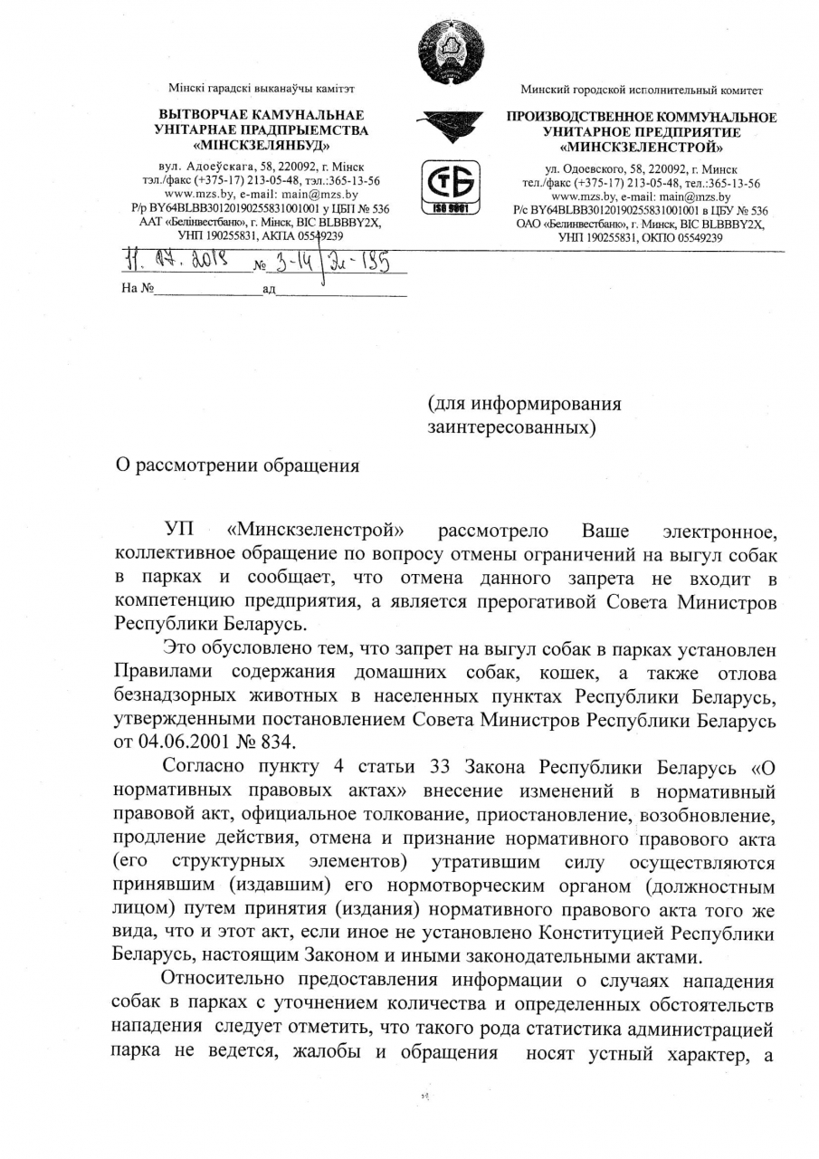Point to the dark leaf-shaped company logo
450,124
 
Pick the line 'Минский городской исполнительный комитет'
642,91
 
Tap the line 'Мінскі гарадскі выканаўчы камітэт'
262,90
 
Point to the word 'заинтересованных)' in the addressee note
512,426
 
